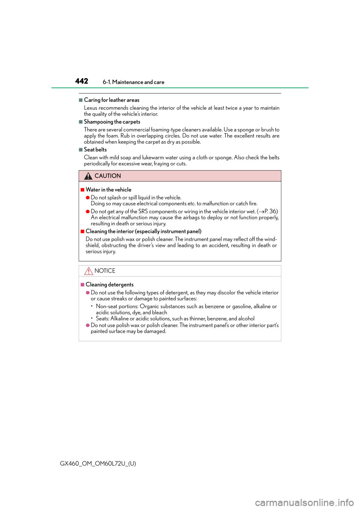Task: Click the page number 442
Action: [x=82, y=81]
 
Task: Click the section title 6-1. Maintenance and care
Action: [x=133, y=82]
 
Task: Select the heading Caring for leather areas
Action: [x=112, y=100]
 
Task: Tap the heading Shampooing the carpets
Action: [x=112, y=122]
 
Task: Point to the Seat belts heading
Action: [x=95, y=150]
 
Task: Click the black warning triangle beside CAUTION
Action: [x=88, y=176]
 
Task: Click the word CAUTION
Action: [x=108, y=176]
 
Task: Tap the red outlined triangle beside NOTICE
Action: [x=88, y=271]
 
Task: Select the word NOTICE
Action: [x=105, y=271]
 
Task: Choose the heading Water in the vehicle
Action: [x=108, y=190]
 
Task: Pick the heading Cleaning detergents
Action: [x=109, y=284]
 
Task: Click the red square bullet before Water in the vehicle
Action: [x=82, y=190]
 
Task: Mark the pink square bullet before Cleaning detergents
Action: [x=82, y=285]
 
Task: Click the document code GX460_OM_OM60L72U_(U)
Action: [x=98, y=464]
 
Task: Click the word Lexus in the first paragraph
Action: [x=90, y=108]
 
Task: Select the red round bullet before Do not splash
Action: [x=88, y=198]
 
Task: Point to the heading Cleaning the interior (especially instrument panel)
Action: [x=143, y=231]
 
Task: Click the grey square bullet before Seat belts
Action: [x=81, y=150]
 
